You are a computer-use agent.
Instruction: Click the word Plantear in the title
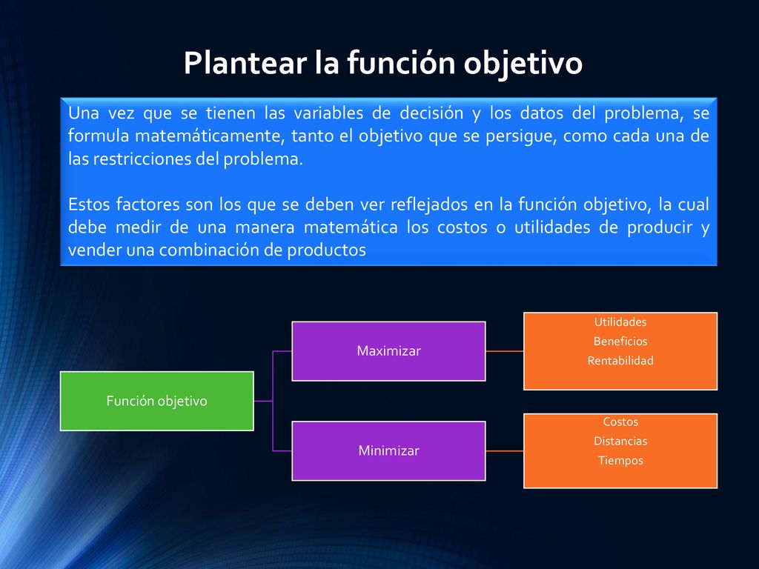tap(245, 63)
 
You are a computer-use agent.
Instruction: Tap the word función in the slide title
tap(401, 63)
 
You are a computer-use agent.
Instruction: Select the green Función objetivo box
tap(157, 401)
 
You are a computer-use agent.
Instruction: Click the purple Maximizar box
tap(388, 351)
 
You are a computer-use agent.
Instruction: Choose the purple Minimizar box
tap(388, 451)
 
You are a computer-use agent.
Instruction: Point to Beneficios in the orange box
tap(620, 341)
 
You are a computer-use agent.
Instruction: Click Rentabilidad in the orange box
tap(620, 361)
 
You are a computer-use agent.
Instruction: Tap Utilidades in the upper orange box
tap(620, 322)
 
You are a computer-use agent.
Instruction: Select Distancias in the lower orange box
tap(620, 441)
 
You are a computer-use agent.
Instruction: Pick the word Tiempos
tap(620, 461)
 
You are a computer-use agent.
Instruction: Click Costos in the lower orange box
tap(620, 422)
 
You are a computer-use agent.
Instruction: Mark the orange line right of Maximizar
tap(505, 351)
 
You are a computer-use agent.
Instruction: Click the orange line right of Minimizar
tap(505, 451)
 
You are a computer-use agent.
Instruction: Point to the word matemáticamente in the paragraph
tap(208, 136)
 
